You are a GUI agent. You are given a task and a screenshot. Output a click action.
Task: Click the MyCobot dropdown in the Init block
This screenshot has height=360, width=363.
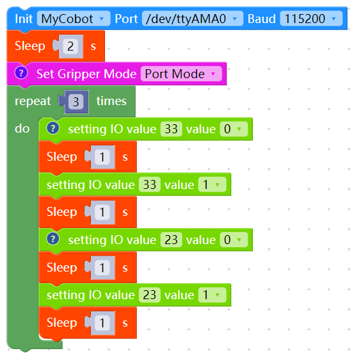click(x=74, y=19)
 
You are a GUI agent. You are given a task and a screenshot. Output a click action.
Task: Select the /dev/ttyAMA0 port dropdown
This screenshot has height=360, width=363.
click(x=192, y=19)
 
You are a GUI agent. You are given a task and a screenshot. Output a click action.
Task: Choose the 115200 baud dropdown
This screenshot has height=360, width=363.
click(x=311, y=19)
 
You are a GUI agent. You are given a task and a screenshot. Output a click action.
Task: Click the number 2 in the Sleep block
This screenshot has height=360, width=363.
click(x=70, y=46)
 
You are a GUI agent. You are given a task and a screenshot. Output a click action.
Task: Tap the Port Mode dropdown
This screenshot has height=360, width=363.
click(x=181, y=74)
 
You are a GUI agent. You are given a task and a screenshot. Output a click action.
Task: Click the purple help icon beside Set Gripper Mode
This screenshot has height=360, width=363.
click(x=21, y=73)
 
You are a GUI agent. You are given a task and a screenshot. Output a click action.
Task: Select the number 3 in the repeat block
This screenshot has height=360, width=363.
click(x=76, y=102)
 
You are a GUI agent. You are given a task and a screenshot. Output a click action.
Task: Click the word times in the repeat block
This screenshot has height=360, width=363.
click(x=111, y=101)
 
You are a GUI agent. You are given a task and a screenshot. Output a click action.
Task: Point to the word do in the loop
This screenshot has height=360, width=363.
click(x=22, y=129)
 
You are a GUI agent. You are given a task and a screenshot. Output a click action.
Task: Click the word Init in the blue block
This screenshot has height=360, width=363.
click(x=24, y=19)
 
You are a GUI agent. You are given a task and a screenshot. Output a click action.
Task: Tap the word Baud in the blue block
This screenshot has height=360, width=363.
click(x=262, y=19)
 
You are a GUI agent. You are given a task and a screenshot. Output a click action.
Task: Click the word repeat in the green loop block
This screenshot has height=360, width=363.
click(x=33, y=101)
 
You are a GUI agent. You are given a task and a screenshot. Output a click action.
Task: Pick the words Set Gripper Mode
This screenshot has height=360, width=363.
click(x=86, y=74)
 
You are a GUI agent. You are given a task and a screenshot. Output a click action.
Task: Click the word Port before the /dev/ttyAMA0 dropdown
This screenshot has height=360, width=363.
click(x=126, y=19)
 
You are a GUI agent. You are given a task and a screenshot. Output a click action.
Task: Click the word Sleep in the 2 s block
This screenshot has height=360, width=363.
click(x=30, y=46)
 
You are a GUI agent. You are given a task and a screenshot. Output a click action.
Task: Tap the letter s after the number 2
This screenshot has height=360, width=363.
click(x=93, y=46)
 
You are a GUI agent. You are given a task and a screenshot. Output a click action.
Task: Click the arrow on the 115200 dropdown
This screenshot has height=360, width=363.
click(x=334, y=19)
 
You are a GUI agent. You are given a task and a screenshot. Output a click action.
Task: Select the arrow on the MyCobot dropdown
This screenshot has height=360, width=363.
click(x=102, y=19)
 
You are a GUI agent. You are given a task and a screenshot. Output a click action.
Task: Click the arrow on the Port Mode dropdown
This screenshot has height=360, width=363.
click(x=213, y=74)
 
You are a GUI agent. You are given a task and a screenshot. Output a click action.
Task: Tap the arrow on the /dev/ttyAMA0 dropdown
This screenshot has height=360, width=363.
click(x=234, y=19)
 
